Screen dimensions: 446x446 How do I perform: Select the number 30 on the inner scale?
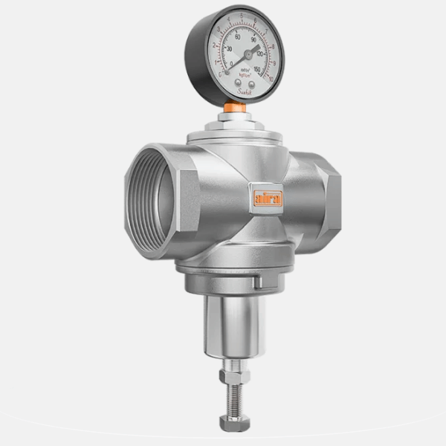228,49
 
